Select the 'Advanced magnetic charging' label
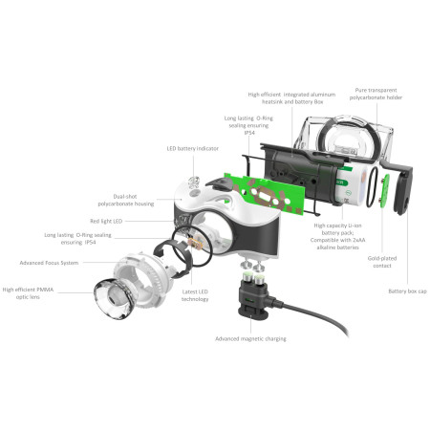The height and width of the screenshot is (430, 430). (250, 339)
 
